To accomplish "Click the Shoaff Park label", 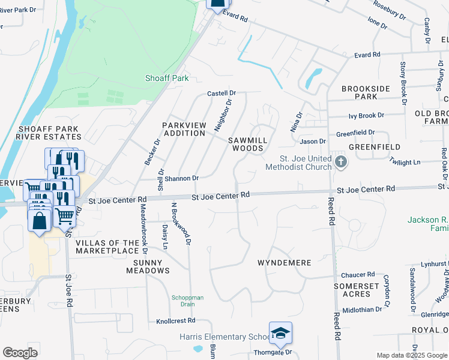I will pos(167,78).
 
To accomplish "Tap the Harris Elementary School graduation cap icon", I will pos(280,334).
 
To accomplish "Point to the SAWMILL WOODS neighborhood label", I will pos(247,144).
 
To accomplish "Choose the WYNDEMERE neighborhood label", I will pos(284,263).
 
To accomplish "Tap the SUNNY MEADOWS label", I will pos(148,266).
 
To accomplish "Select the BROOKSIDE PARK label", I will pos(367,92).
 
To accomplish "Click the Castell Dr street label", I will pos(222,94).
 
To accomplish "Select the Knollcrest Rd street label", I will pos(176,322).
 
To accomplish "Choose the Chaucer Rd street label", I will pos(358,275).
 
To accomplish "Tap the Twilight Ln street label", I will pos(405,162).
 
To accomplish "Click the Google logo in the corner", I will pos(20,353).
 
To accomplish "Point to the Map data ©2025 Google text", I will pos(411,355).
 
